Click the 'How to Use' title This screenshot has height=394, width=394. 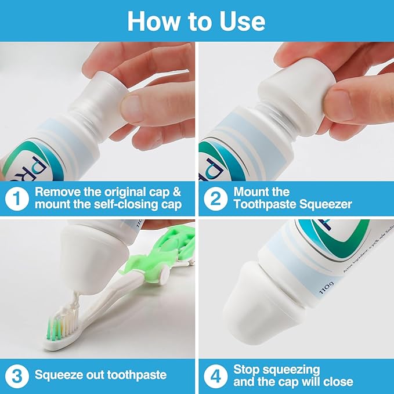click(197, 21)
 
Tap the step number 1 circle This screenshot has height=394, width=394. click(17, 198)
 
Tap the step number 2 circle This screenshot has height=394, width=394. click(215, 198)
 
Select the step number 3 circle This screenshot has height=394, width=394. click(17, 374)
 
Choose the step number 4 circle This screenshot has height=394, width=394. click(215, 374)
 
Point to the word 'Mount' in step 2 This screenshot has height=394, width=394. click(252, 191)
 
